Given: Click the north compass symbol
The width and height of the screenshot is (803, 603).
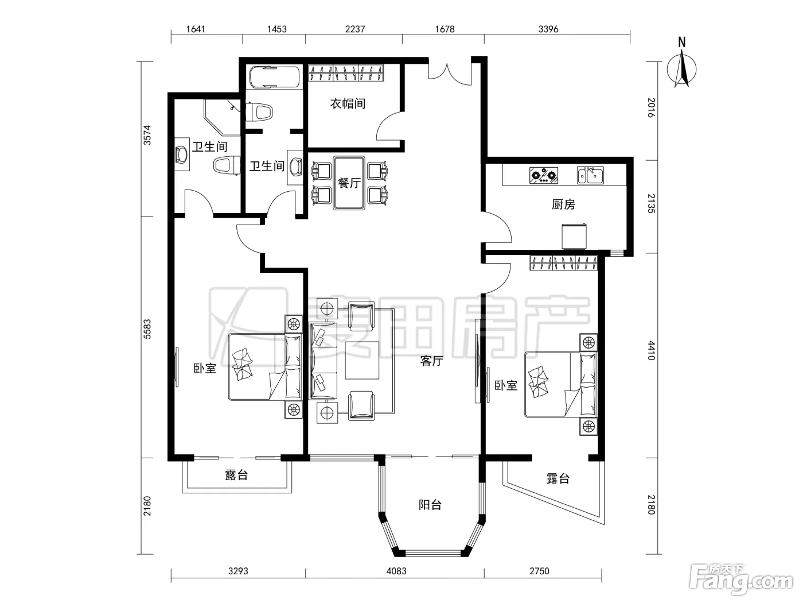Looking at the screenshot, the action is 682,66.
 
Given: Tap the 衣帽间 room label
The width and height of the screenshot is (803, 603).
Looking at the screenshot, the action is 348,103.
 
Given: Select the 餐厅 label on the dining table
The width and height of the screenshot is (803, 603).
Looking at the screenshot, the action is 349,183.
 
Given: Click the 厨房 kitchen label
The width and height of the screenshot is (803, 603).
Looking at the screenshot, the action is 563,204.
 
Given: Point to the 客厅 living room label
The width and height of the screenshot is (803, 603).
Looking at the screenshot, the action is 432,361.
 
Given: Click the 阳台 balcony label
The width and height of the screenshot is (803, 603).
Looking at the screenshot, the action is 430,505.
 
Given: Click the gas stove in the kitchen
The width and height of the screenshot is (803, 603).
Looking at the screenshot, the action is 544,175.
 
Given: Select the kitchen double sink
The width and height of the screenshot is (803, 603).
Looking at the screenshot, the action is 590,175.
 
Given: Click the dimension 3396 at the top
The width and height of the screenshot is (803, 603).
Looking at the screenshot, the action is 548,29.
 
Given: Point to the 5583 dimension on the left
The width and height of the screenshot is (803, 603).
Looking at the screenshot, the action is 147,329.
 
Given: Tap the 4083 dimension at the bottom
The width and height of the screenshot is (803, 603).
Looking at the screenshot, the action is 396,571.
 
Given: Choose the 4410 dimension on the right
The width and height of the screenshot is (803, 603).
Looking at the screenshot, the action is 652,350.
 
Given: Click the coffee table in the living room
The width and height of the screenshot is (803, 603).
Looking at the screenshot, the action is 362,360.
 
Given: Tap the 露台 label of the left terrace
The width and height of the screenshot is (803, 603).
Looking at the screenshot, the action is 236,476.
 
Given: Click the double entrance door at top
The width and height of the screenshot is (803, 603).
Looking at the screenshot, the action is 450,74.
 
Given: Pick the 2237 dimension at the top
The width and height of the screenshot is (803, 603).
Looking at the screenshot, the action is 355,29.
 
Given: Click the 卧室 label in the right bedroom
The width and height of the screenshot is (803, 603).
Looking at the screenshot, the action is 506,385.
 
